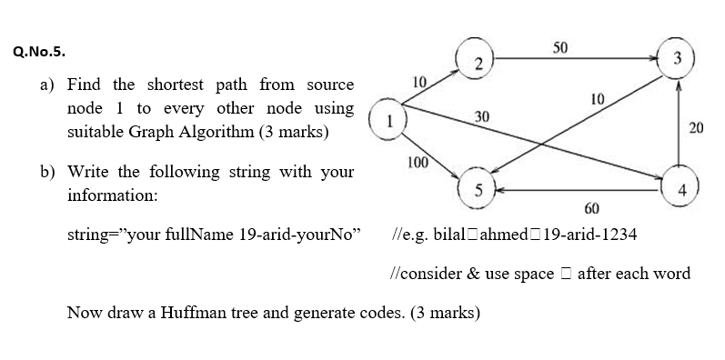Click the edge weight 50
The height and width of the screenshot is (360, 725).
[561, 45]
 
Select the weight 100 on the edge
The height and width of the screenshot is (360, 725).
[418, 162]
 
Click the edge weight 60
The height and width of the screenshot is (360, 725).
[591, 209]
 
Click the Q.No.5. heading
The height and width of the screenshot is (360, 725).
[39, 52]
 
